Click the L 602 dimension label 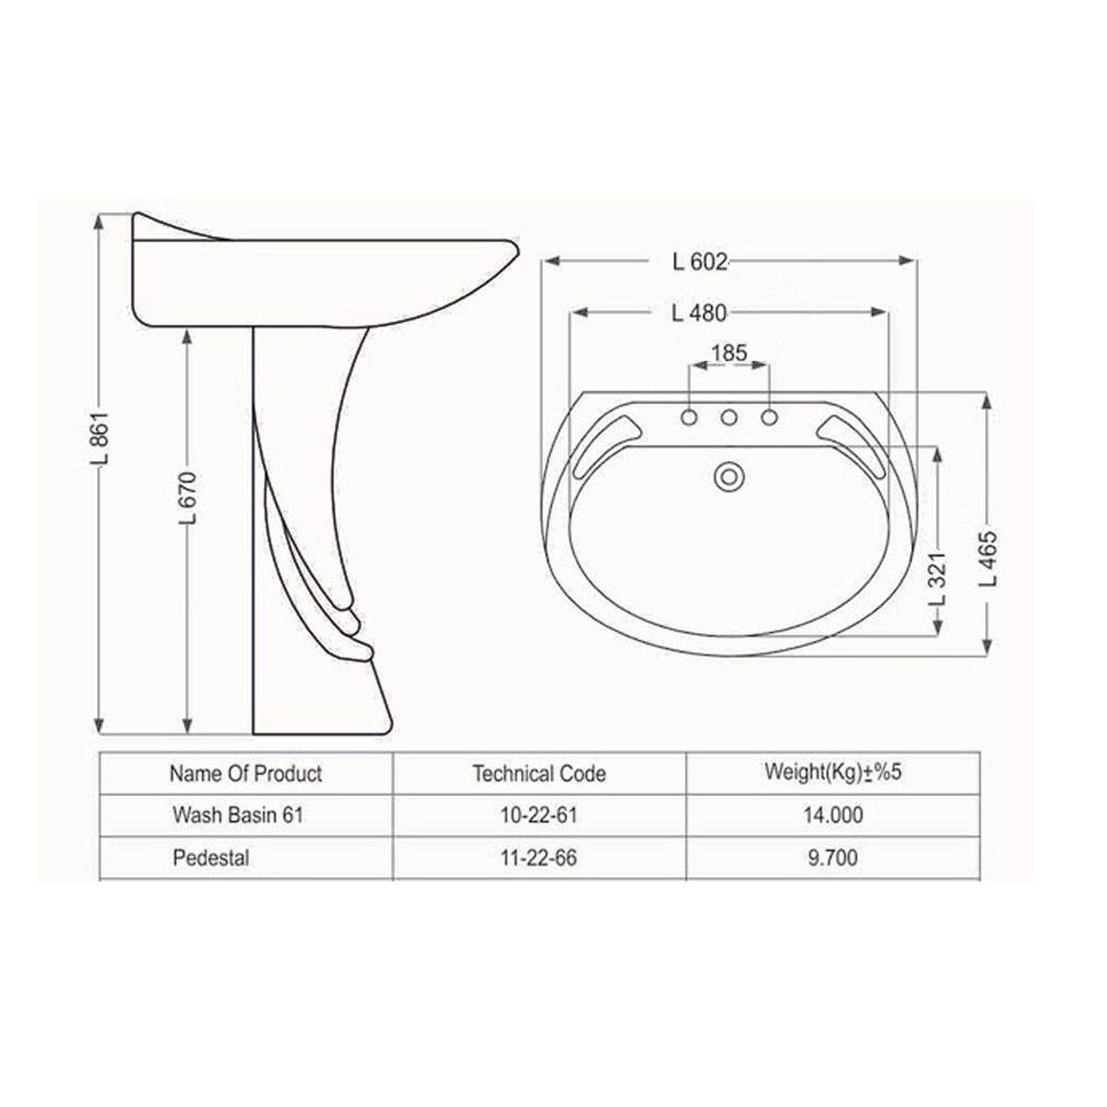[x=699, y=262]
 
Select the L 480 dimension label [x=698, y=313]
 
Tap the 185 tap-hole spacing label [x=729, y=352]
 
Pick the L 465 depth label [x=989, y=560]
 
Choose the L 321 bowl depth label [x=937, y=579]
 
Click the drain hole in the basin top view [x=729, y=477]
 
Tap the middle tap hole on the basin [x=729, y=418]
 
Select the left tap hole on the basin [x=689, y=418]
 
